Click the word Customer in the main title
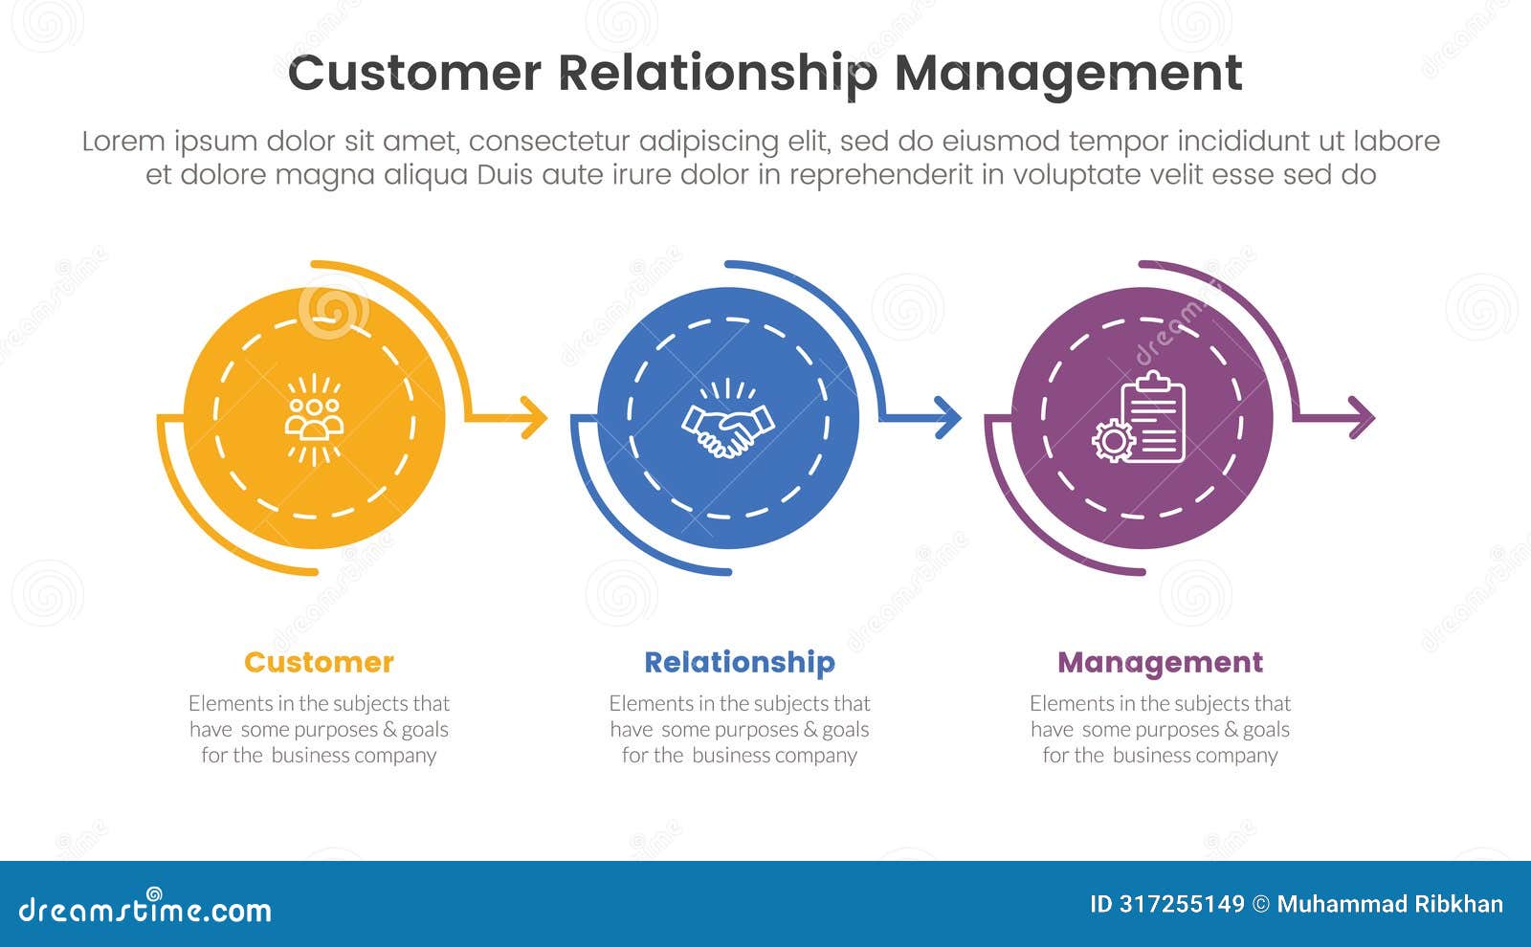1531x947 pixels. point(413,74)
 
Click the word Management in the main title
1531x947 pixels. point(1068,74)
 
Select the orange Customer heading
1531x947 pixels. point(319,662)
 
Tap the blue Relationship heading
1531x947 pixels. point(739,662)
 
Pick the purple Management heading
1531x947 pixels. point(1160,662)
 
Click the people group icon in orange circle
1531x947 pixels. point(314,419)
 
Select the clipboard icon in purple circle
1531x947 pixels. point(1153,417)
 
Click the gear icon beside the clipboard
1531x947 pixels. point(1113,441)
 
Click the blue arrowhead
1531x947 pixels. point(948,418)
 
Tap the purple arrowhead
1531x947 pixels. point(1362,418)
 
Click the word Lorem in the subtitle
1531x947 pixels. point(122,142)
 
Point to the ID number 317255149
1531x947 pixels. point(1182,904)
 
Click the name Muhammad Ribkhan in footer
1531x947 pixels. point(1389,904)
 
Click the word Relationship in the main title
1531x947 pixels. point(717,74)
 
